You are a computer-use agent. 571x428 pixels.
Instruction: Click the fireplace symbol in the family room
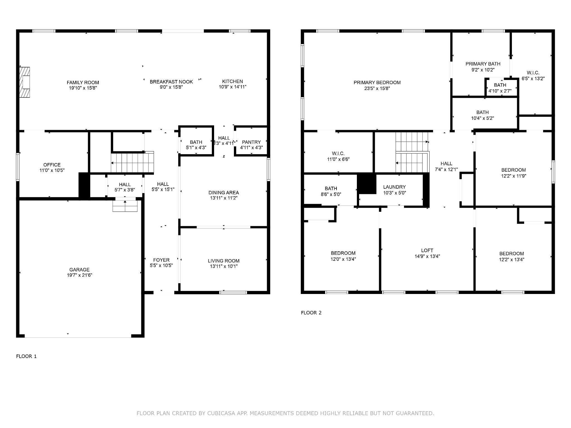point(25,82)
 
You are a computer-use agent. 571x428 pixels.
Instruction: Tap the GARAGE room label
point(79,269)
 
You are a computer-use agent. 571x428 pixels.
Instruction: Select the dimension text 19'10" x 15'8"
point(83,88)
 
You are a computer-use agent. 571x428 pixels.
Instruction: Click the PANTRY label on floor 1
point(251,142)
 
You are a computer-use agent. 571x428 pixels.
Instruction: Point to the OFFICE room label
point(52,165)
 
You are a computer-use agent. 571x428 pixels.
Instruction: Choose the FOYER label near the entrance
point(161,260)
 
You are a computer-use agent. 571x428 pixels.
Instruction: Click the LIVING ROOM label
point(224,261)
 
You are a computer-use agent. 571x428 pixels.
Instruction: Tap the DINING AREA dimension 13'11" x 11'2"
point(224,198)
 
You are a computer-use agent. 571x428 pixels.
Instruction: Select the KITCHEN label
point(233,81)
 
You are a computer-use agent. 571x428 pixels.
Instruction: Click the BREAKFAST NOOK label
point(171,82)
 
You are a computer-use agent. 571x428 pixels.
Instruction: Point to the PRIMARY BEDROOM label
point(377,82)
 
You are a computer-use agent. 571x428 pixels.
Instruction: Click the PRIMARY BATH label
point(483,64)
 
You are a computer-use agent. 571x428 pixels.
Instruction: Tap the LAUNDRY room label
point(395,187)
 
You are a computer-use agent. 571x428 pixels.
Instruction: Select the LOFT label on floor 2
point(427,251)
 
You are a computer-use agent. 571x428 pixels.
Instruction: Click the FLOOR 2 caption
point(311,313)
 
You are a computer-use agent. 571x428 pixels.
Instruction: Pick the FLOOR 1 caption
point(26,356)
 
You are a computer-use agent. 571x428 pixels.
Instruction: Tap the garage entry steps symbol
point(125,206)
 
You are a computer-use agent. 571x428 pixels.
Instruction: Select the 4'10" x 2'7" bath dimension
point(500,91)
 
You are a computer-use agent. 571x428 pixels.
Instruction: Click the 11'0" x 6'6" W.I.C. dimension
point(338,159)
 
